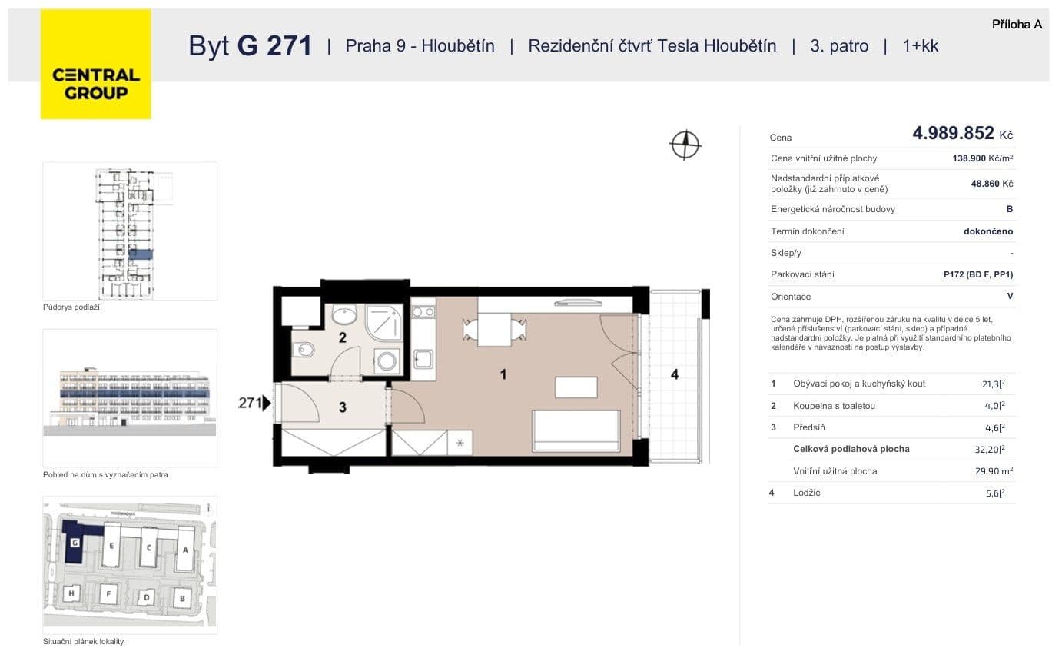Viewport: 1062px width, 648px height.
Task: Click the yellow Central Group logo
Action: [x=96, y=65]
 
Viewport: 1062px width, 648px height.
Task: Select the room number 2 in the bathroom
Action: [x=343, y=337]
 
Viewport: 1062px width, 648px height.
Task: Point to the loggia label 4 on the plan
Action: [x=675, y=374]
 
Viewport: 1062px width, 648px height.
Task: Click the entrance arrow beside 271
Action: [x=267, y=403]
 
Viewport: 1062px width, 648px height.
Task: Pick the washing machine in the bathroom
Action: [x=387, y=361]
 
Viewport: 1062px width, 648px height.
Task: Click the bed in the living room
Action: [x=576, y=430]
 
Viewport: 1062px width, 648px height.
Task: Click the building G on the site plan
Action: [x=75, y=543]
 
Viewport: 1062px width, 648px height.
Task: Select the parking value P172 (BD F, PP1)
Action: [x=978, y=274]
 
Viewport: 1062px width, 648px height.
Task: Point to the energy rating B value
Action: [x=1009, y=209]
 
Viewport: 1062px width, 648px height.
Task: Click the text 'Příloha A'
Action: [x=1017, y=25]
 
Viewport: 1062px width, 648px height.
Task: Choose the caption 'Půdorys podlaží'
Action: [x=71, y=307]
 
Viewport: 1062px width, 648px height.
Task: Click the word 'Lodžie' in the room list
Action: [x=807, y=493]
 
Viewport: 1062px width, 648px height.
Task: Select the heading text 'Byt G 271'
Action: [x=251, y=46]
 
